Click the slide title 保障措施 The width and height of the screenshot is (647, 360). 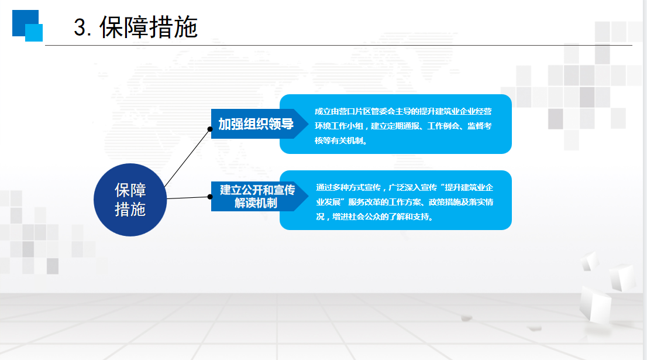point(149,28)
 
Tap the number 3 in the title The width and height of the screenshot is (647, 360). point(80,28)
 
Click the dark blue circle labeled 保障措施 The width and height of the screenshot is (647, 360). point(130,200)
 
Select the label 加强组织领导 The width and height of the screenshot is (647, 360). point(256,124)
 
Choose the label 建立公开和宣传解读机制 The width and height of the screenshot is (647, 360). point(257,197)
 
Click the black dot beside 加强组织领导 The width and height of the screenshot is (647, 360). point(210,129)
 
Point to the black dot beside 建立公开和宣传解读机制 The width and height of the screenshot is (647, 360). point(210,197)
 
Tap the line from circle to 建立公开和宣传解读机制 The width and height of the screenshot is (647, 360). point(188,198)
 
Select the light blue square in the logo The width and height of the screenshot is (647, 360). point(34,33)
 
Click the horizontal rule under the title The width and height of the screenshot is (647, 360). point(338,46)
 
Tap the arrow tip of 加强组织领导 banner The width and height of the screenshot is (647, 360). point(308,124)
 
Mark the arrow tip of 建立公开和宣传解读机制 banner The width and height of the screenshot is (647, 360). point(308,197)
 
